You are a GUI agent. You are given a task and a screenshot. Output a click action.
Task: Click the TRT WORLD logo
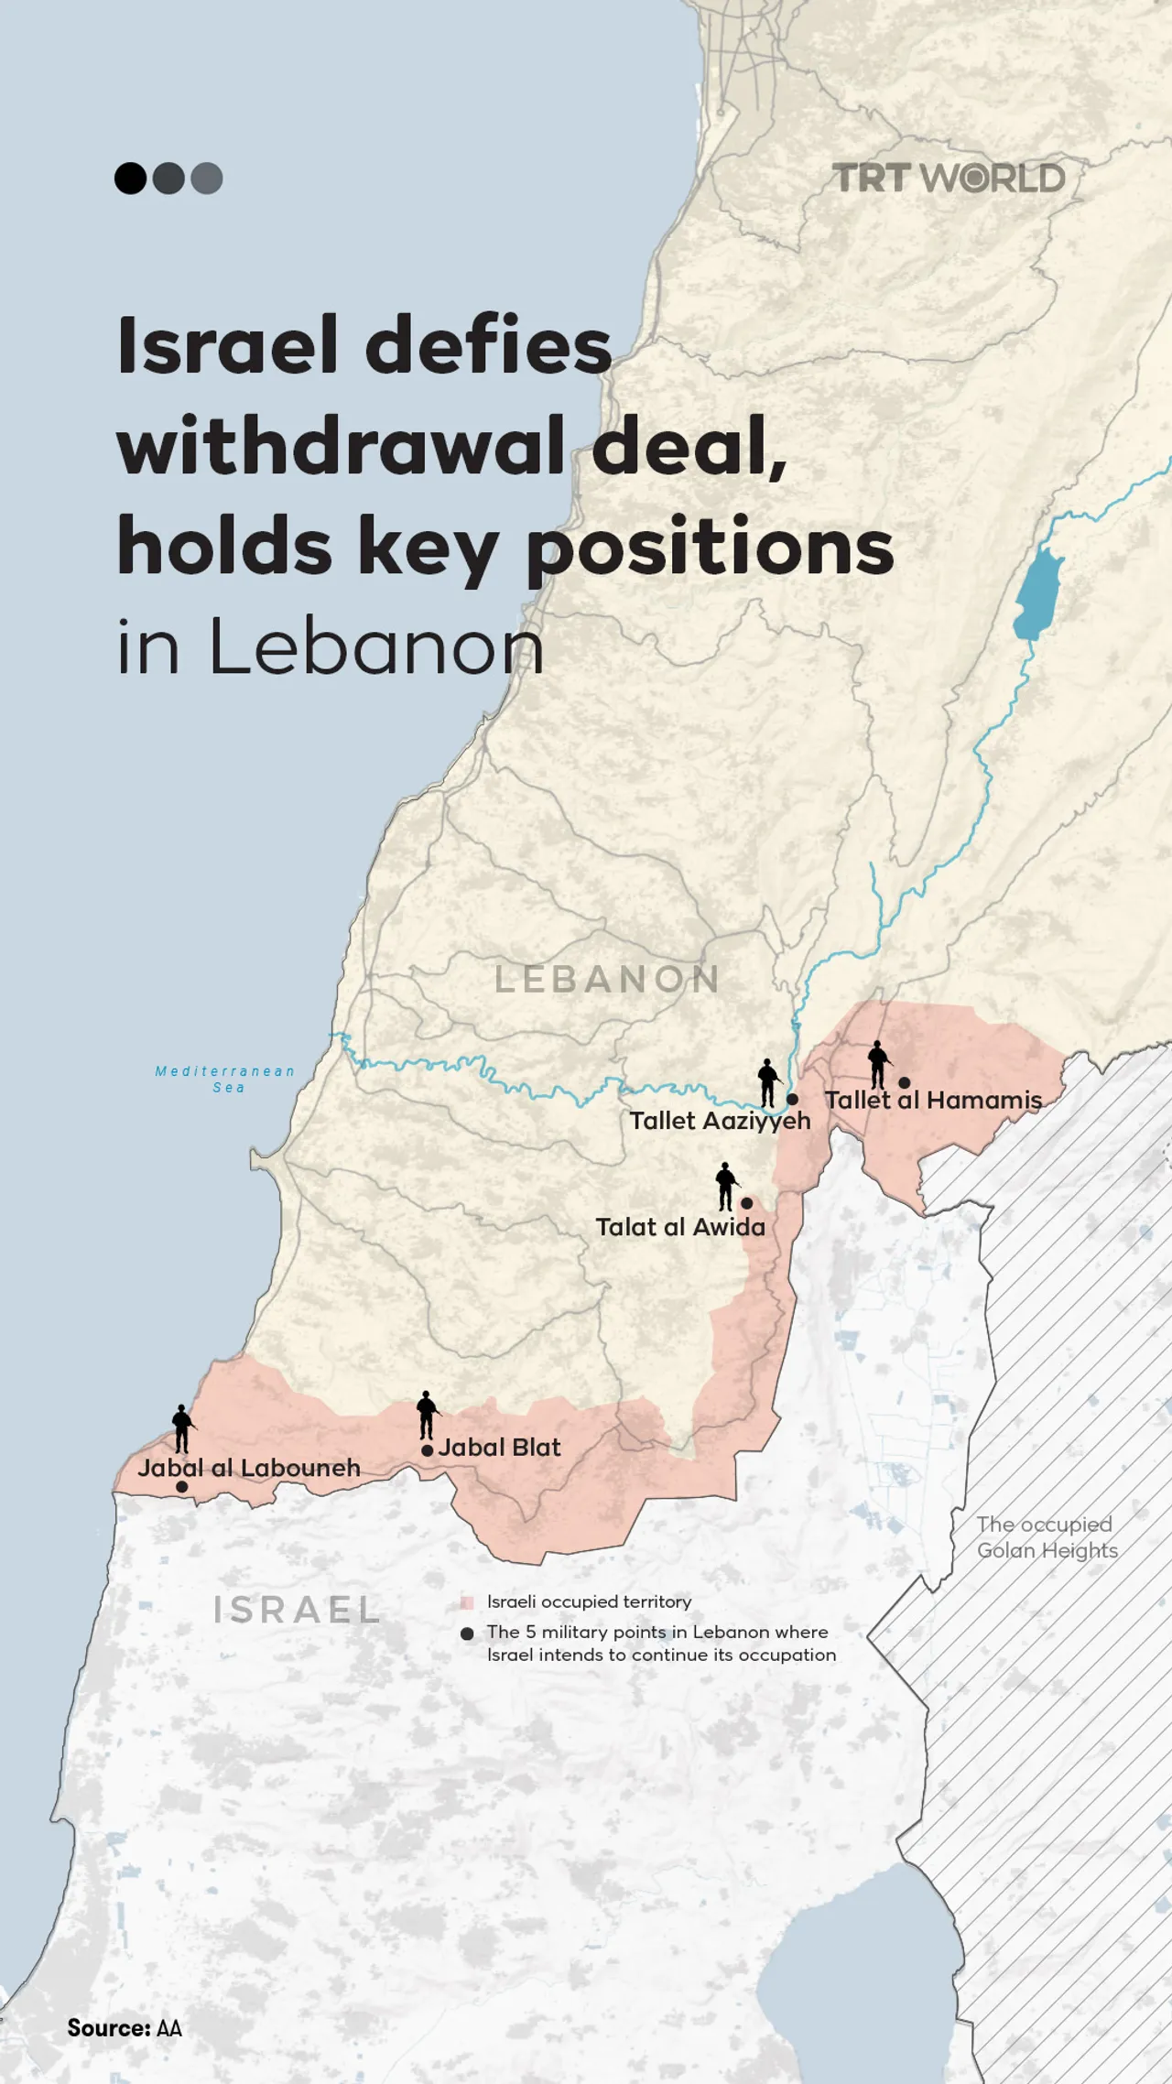pos(949,179)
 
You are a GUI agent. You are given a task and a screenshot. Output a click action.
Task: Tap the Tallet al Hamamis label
pos(933,1100)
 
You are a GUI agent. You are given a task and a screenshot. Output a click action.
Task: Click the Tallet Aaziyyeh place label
pos(720,1121)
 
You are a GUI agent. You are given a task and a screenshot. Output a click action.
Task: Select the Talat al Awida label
pos(680,1227)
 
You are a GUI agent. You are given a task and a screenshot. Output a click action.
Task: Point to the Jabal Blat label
pos(499,1448)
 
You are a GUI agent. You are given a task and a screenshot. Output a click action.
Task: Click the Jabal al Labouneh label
pos(249,1468)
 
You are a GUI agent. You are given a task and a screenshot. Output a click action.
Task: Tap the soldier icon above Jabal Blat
pos(427,1415)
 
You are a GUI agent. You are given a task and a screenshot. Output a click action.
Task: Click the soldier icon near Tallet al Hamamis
pos(878,1065)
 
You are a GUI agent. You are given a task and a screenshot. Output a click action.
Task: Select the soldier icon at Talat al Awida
pos(726,1187)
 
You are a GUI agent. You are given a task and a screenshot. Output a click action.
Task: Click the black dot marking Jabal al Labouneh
pos(181,1487)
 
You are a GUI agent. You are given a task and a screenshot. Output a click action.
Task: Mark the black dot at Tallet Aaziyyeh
pos(792,1099)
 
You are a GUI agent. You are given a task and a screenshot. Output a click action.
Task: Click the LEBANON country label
pos(607,980)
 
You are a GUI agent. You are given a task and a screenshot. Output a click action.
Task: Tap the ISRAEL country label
pos(297,1610)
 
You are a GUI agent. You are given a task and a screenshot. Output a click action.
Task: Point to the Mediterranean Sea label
pos(225,1079)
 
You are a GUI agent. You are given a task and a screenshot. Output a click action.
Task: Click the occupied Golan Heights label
pos(1047,1537)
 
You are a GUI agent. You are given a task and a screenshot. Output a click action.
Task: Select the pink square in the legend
pos(467,1602)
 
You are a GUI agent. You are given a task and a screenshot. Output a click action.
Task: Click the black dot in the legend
pos(467,1634)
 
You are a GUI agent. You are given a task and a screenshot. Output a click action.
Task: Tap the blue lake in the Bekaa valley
pos(1038,595)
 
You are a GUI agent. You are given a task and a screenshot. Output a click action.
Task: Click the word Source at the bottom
pos(108,2028)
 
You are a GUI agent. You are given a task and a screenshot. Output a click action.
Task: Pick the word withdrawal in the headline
pos(341,446)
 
